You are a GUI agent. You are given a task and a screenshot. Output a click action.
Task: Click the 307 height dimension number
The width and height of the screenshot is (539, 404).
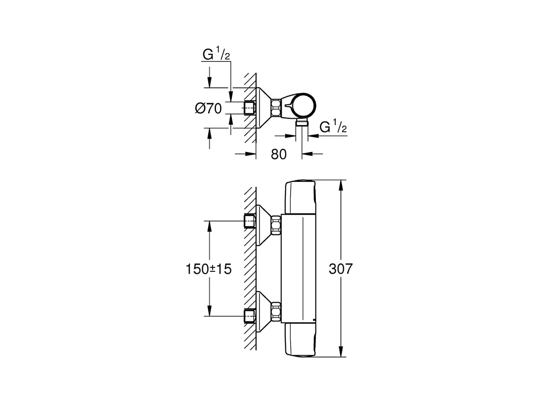point(340,269)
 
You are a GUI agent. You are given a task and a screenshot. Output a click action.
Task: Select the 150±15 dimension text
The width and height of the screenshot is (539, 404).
point(209,269)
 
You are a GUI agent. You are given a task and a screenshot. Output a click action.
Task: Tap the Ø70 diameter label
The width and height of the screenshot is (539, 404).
point(208,109)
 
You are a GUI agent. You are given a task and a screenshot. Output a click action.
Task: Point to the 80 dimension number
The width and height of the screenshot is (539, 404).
point(279,154)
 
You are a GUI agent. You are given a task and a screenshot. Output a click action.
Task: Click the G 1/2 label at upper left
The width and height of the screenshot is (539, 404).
point(216,54)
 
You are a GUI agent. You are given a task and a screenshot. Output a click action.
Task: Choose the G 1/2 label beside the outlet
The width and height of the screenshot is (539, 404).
point(333,127)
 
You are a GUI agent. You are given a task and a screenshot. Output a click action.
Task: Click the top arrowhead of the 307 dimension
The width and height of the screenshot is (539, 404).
point(340,185)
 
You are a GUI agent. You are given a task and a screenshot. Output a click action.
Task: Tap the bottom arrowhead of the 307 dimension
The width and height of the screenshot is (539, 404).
point(340,351)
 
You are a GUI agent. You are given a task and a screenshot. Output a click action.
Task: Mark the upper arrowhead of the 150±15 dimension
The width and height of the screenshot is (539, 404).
point(209,226)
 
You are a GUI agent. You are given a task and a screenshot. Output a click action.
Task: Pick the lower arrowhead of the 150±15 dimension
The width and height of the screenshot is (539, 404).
point(209,310)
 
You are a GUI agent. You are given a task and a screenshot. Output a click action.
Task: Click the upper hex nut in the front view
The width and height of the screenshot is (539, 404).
point(276,224)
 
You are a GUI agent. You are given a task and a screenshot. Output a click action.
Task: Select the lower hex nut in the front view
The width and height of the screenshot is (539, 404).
point(276,312)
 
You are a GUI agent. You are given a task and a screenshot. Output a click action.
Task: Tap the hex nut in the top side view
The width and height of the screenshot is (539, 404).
point(276,108)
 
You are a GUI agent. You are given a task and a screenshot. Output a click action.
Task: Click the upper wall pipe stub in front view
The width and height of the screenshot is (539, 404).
point(250,221)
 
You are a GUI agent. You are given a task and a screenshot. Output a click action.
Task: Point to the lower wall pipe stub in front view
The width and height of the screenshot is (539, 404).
point(250,316)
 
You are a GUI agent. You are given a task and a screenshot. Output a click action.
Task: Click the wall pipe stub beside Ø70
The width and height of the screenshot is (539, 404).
point(250,108)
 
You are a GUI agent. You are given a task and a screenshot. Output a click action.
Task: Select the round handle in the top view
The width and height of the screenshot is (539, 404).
point(302,106)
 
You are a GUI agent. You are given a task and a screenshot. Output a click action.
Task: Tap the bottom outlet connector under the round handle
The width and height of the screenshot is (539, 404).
point(302,124)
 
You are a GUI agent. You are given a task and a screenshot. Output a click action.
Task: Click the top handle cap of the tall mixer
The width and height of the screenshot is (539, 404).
point(300,197)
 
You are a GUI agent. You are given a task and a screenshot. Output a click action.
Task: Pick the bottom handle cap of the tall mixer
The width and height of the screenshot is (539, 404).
point(300,340)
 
